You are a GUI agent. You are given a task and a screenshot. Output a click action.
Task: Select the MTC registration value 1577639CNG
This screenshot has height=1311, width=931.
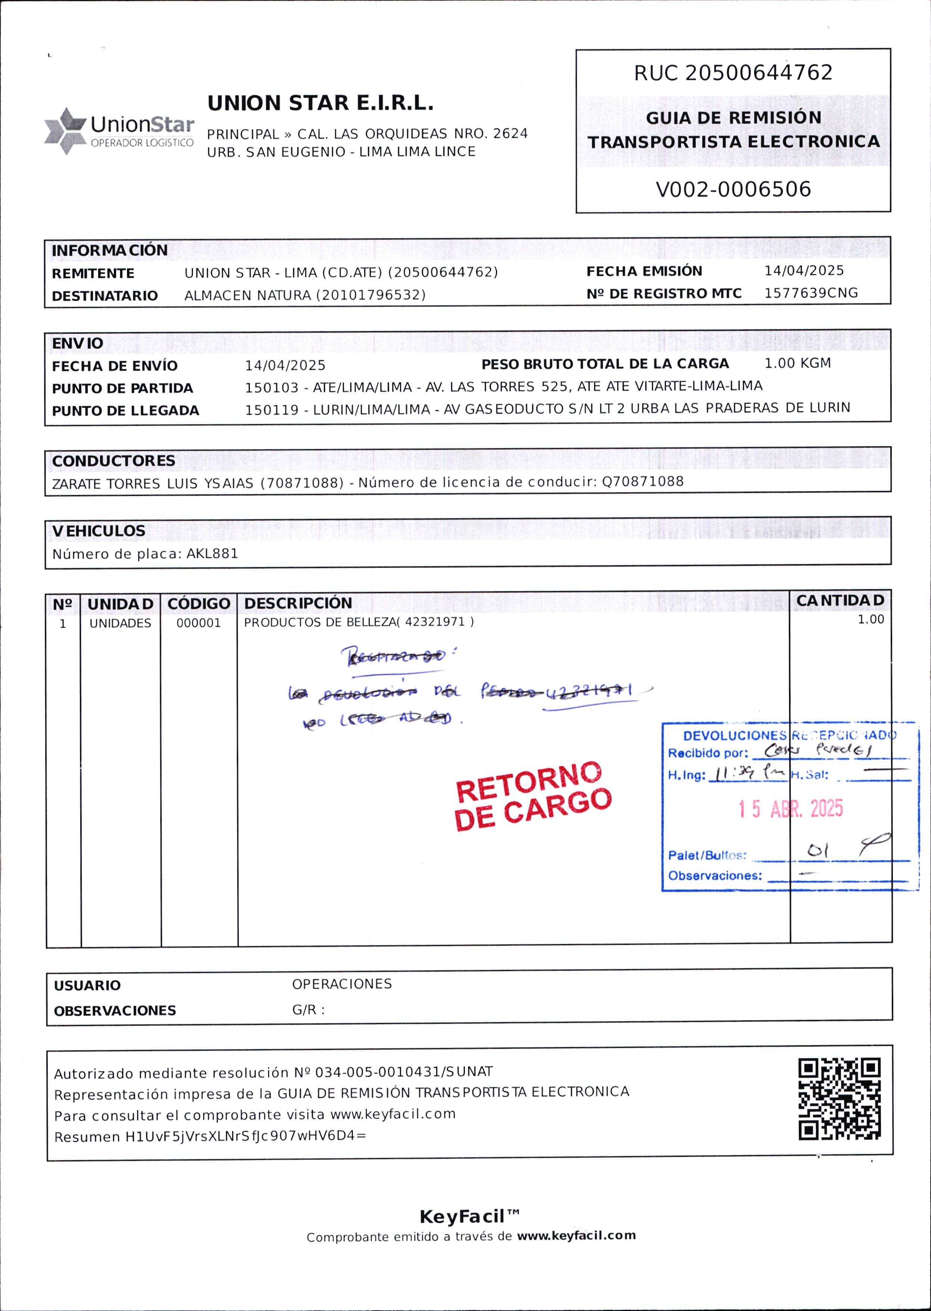click(811, 293)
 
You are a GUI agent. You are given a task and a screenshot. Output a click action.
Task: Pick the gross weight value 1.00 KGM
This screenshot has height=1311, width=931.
click(797, 363)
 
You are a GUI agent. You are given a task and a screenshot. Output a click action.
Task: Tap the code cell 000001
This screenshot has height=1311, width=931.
click(198, 623)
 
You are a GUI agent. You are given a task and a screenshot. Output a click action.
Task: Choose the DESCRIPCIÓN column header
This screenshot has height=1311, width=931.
click(298, 603)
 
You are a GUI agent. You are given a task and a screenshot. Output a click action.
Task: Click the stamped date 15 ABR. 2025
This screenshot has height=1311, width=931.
click(791, 809)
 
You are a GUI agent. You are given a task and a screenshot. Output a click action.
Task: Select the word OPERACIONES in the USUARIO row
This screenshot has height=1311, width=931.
click(342, 984)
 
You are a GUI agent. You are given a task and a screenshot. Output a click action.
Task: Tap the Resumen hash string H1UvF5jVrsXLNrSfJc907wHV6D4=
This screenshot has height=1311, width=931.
click(245, 1136)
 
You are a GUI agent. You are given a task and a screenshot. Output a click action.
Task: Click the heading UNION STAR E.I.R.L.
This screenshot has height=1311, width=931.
click(320, 103)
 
